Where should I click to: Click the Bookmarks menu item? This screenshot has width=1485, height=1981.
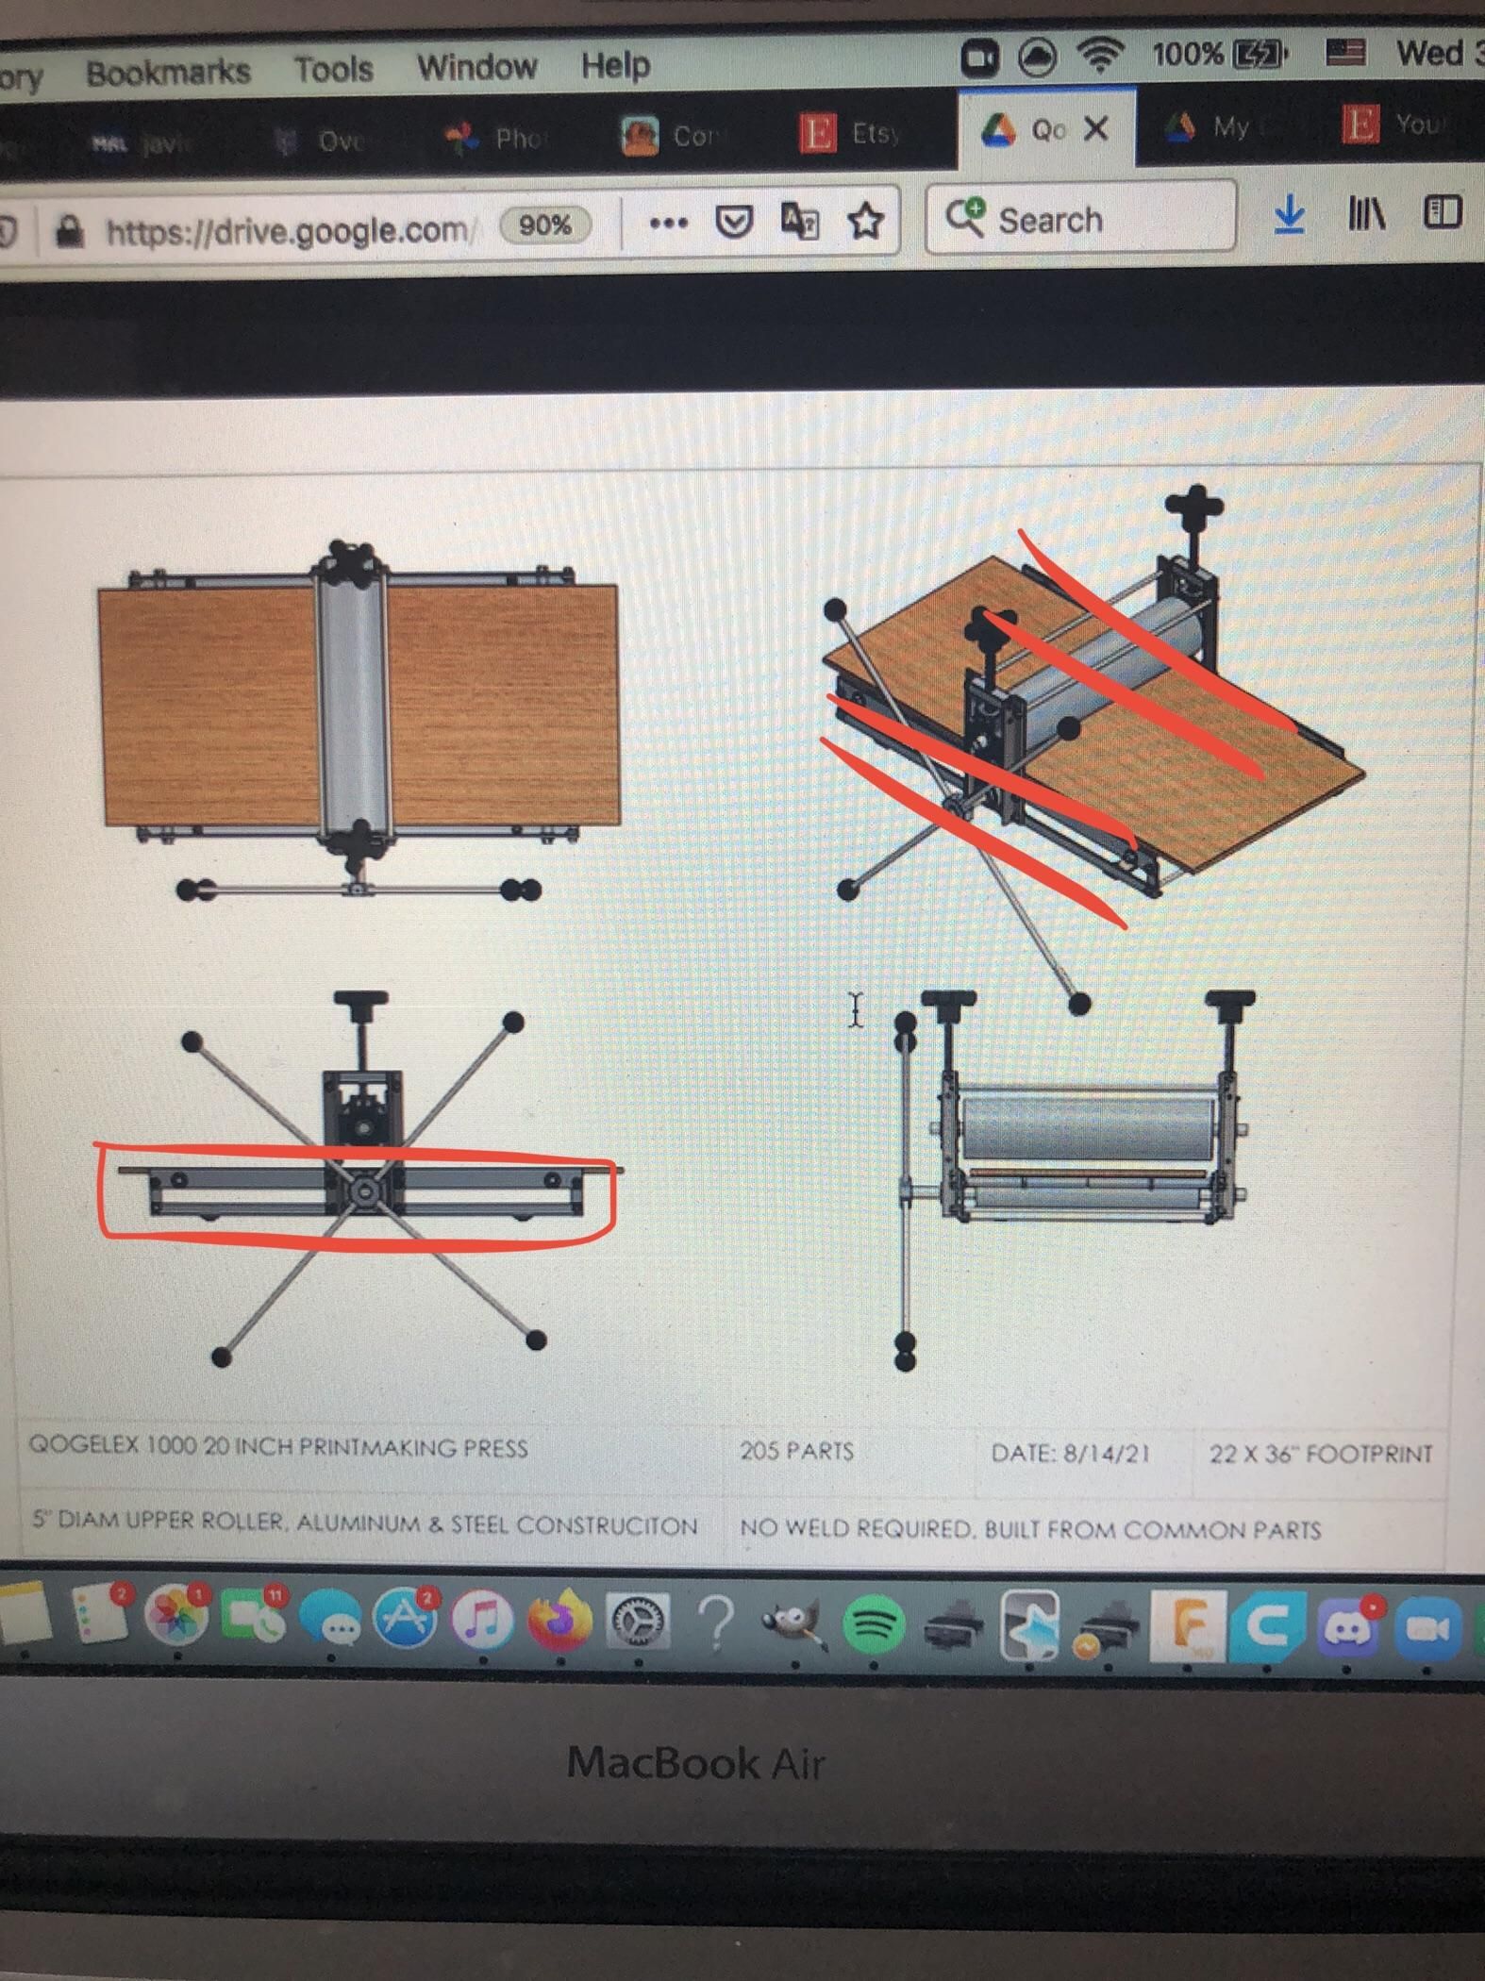168,72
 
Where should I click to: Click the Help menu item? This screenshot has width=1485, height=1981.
615,65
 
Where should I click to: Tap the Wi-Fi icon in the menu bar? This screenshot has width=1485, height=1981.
1100,56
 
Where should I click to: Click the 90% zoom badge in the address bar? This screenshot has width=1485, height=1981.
544,225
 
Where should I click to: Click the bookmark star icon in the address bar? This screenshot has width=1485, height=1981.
865,222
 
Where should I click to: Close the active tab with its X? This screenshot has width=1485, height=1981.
1095,128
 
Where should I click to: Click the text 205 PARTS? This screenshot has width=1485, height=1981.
796,1451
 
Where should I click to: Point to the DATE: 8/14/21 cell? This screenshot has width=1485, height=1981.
1070,1453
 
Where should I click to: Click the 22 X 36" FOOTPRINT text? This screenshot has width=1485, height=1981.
1320,1454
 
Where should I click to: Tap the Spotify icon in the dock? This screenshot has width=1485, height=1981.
874,1623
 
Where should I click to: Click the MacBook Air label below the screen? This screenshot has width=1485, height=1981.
696,1762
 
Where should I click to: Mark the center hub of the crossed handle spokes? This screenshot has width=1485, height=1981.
363,1191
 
